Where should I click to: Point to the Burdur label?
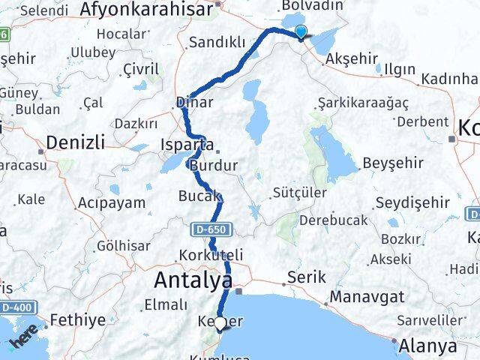[x=214, y=165]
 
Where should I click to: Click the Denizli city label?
[x=73, y=141]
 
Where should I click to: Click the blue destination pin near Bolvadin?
[x=301, y=31]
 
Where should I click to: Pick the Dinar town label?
[x=194, y=102]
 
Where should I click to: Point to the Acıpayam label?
[x=109, y=203]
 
